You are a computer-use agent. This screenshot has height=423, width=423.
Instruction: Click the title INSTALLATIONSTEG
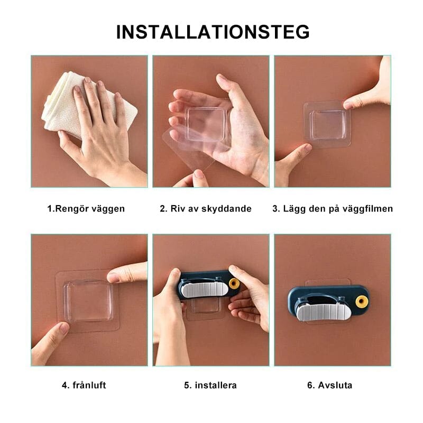[x=213, y=32]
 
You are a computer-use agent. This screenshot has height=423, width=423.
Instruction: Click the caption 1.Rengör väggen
[x=86, y=208]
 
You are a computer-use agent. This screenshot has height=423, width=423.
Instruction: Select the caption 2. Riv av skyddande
[x=206, y=208]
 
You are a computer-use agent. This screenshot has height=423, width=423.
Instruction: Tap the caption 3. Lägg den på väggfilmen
[x=333, y=208]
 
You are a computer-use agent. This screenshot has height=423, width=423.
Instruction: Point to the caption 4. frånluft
[x=84, y=385]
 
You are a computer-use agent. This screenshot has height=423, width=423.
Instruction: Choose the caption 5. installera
[x=210, y=385]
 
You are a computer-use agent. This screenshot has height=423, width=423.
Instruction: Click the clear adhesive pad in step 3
[x=328, y=123]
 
